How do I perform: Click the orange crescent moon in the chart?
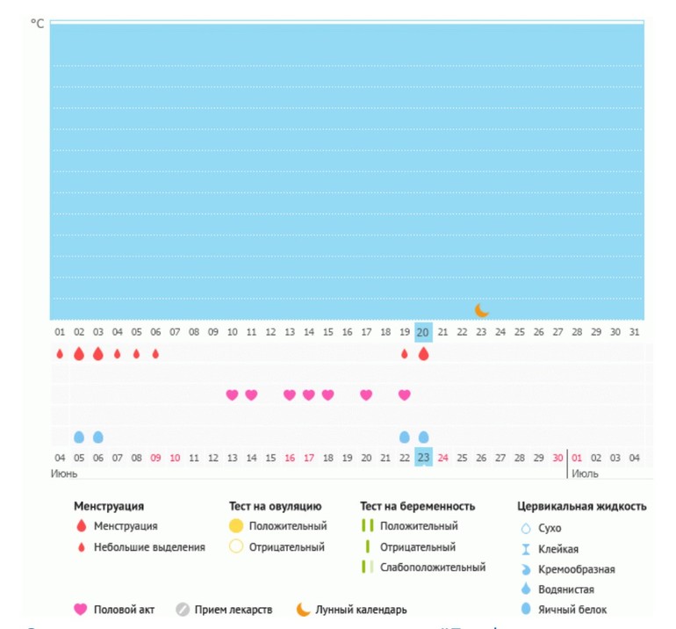pyautogui.click(x=481, y=309)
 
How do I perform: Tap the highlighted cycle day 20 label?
pyautogui.click(x=423, y=332)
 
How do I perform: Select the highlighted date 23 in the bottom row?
pyautogui.click(x=423, y=458)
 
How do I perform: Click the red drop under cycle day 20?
pyautogui.click(x=423, y=354)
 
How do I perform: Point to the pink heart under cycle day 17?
pyautogui.click(x=366, y=395)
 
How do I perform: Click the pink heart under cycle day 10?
pyautogui.click(x=232, y=395)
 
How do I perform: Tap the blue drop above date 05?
pyautogui.click(x=79, y=437)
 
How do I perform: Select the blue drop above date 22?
pyautogui.click(x=405, y=437)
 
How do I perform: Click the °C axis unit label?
pyautogui.click(x=38, y=24)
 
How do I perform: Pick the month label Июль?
pyautogui.click(x=586, y=474)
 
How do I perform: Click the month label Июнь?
pyautogui.click(x=65, y=474)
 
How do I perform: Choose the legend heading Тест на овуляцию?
pyautogui.click(x=275, y=506)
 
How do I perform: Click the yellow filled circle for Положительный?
pyautogui.click(x=235, y=526)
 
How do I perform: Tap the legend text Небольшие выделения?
pyautogui.click(x=149, y=546)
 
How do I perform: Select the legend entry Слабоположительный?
pyautogui.click(x=433, y=567)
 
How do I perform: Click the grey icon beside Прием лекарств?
pyautogui.click(x=183, y=609)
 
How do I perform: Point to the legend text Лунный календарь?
pyautogui.click(x=361, y=609)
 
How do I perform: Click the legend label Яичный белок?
pyautogui.click(x=572, y=609)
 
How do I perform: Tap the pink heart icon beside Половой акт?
pyautogui.click(x=81, y=609)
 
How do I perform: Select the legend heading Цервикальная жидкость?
pyautogui.click(x=582, y=506)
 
